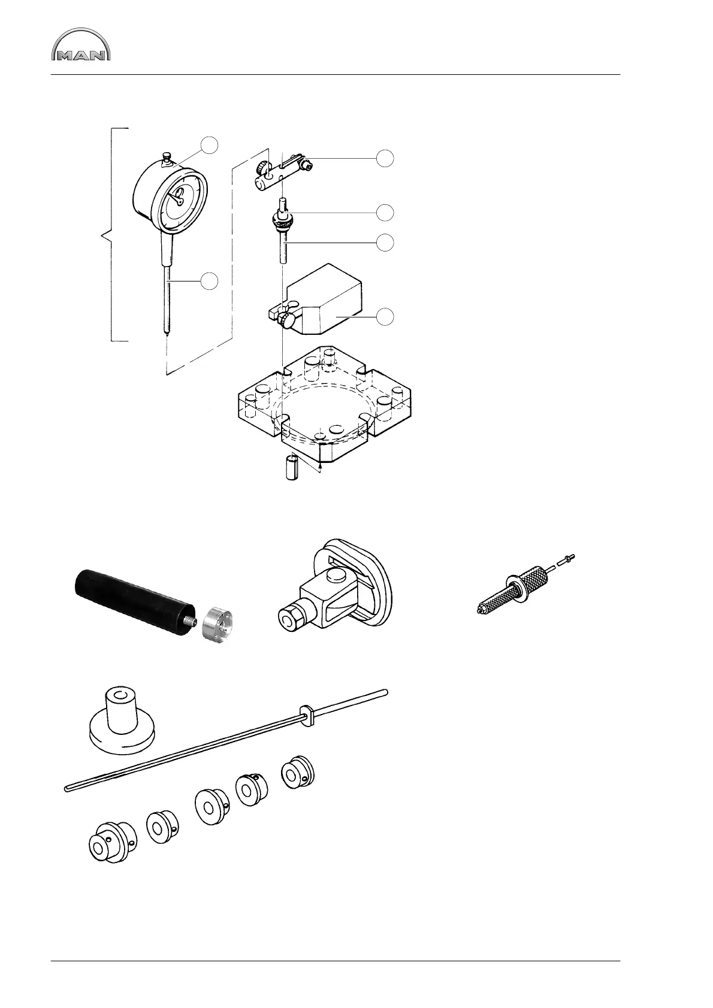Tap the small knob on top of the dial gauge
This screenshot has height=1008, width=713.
click(167, 158)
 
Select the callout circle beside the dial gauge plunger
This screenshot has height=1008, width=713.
click(209, 281)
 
